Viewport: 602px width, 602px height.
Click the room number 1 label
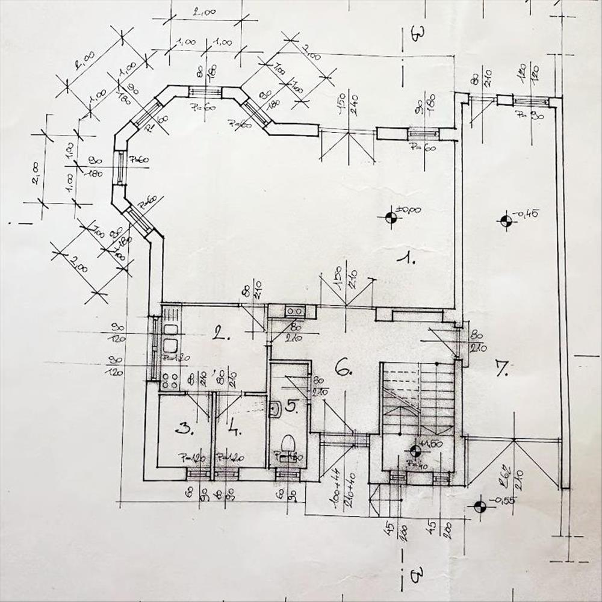click(408, 259)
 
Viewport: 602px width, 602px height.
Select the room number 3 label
click(183, 428)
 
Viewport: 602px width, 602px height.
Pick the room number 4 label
click(235, 429)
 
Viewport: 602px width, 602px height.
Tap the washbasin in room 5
click(275, 409)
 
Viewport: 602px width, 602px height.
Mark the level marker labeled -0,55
click(480, 507)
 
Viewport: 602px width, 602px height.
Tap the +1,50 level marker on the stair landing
click(415, 450)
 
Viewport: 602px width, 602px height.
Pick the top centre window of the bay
click(205, 92)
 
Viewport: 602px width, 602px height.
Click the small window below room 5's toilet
click(288, 474)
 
